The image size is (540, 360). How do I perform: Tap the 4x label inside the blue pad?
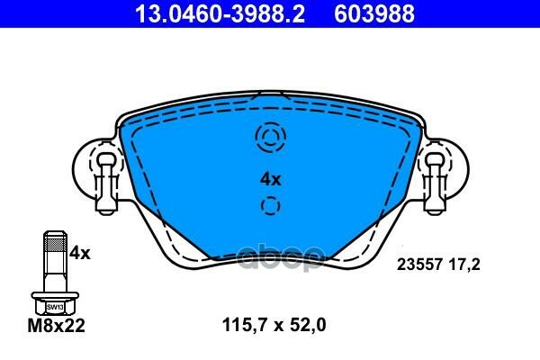point(270,179)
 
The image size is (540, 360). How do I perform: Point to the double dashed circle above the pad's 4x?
point(270,138)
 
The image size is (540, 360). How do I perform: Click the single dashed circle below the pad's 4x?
point(270,208)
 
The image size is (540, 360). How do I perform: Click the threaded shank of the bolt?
point(53,261)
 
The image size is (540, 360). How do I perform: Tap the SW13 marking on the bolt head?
point(53,305)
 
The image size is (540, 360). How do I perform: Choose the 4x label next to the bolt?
point(81,254)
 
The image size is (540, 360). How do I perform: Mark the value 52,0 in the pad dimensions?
point(306,328)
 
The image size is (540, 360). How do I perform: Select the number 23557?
point(417,265)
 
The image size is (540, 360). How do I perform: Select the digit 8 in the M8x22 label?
point(43,328)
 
